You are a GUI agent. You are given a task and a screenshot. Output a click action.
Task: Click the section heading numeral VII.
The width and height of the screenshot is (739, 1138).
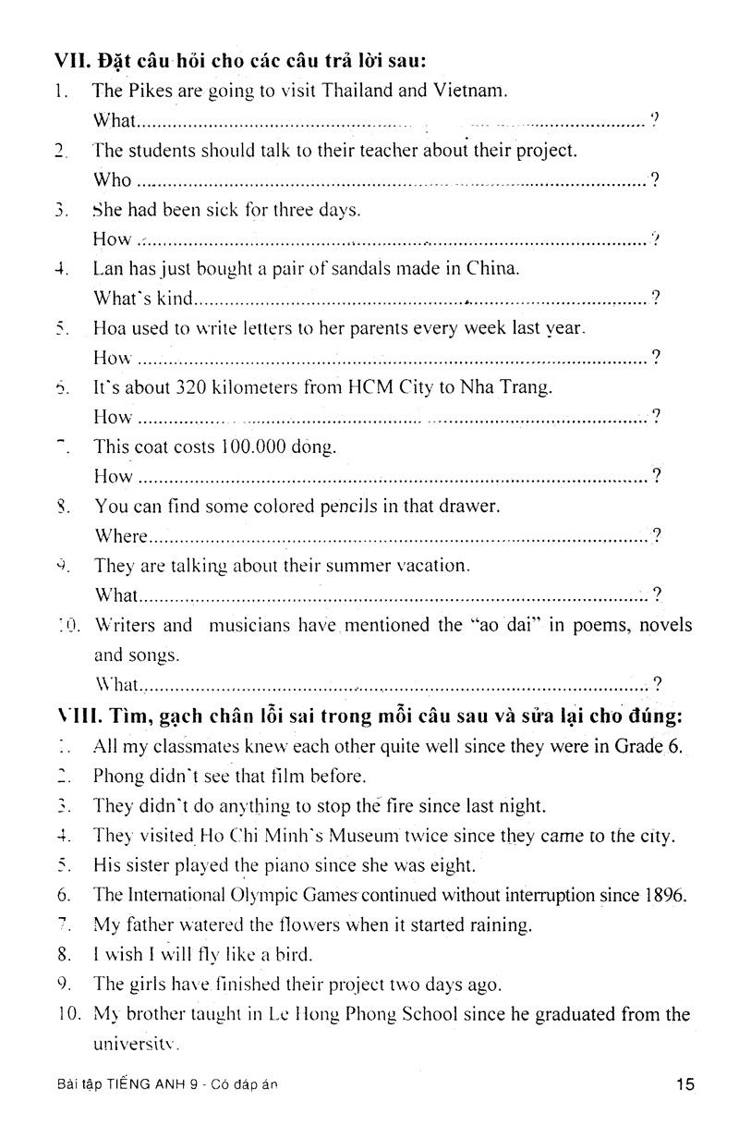click(x=71, y=61)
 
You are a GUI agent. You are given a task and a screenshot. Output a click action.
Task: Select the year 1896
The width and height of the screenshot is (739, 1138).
click(x=664, y=894)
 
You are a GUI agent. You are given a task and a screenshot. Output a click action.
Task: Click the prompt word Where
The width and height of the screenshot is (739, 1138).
click(x=120, y=536)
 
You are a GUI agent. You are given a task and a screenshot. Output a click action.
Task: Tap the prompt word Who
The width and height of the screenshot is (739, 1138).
click(x=112, y=180)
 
